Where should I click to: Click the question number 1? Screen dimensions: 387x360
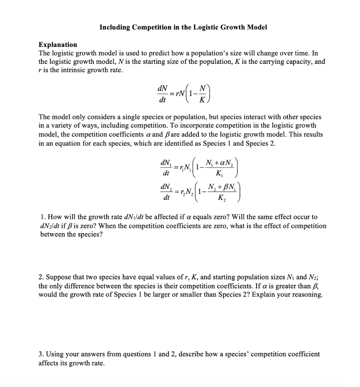point(42,217)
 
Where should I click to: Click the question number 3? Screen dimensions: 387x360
point(41,354)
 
